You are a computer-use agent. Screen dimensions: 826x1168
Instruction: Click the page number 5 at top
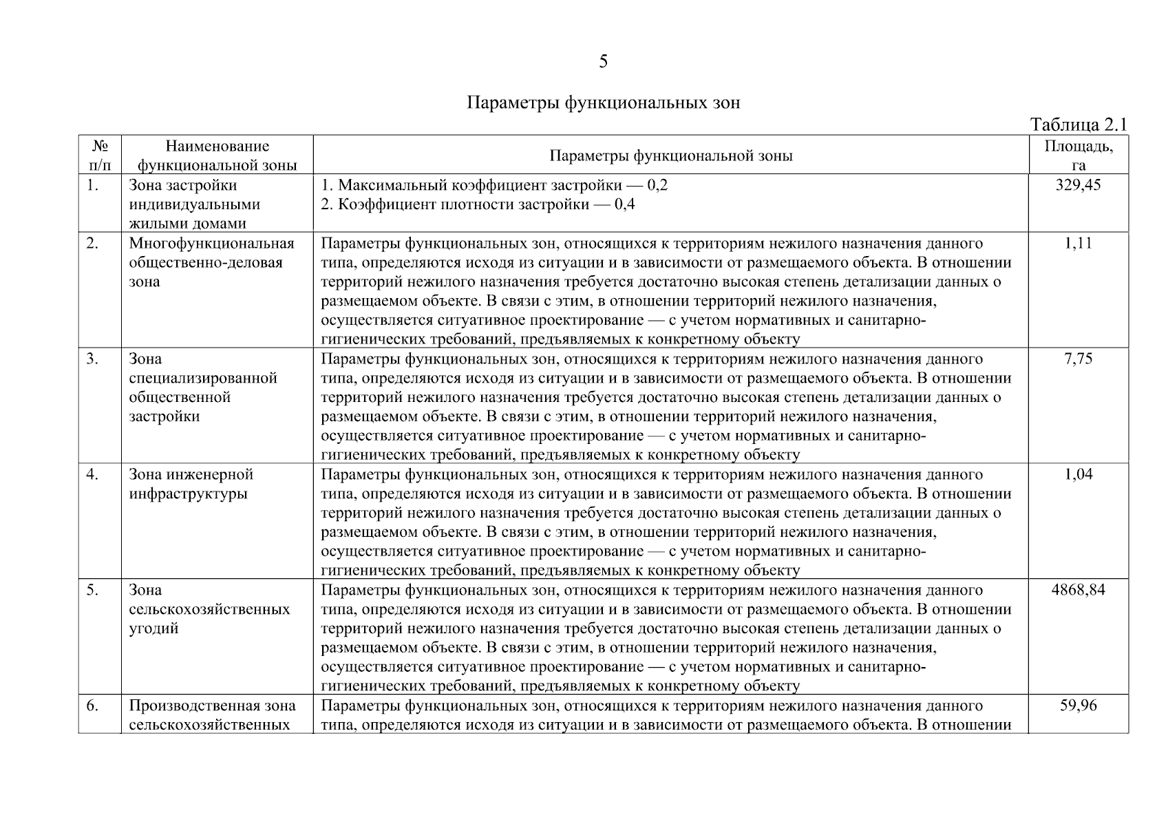click(603, 62)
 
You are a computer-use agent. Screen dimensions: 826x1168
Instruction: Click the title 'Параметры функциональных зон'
click(603, 103)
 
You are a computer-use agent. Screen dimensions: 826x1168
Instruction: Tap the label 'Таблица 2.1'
click(1078, 125)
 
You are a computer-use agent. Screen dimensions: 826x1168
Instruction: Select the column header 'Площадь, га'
click(1078, 155)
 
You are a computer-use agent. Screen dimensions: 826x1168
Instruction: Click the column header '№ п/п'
click(100, 155)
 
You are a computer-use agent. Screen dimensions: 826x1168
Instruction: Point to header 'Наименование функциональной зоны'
click(217, 155)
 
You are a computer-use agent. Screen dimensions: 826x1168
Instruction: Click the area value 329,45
click(1078, 185)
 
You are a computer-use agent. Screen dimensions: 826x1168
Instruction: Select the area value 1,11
click(1078, 243)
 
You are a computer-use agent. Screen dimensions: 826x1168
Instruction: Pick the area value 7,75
click(1078, 359)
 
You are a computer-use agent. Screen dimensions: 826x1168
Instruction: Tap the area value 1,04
click(1078, 474)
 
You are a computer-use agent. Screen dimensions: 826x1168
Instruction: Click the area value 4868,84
click(1078, 590)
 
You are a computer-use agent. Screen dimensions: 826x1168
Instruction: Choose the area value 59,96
click(1078, 706)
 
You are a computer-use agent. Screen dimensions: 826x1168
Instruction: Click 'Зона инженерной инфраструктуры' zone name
click(191, 484)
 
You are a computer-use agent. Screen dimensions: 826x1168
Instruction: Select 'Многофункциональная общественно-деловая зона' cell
click(211, 262)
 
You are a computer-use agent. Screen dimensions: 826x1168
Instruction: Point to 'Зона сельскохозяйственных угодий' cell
click(209, 609)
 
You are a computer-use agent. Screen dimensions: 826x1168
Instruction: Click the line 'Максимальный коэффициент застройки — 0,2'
click(494, 185)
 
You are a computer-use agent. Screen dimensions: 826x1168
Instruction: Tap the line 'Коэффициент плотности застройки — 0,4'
click(478, 204)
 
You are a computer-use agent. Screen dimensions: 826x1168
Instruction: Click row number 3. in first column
click(92, 359)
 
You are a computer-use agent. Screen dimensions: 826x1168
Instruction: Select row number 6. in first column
click(92, 706)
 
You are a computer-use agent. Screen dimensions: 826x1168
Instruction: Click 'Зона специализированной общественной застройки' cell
click(202, 388)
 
